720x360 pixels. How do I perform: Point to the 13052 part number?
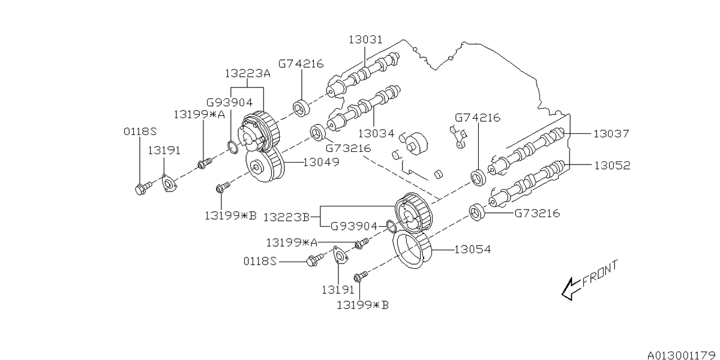point(612,165)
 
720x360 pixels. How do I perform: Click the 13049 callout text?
point(322,161)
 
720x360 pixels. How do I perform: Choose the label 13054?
point(473,249)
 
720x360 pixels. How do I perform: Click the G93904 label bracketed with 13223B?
point(355,226)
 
